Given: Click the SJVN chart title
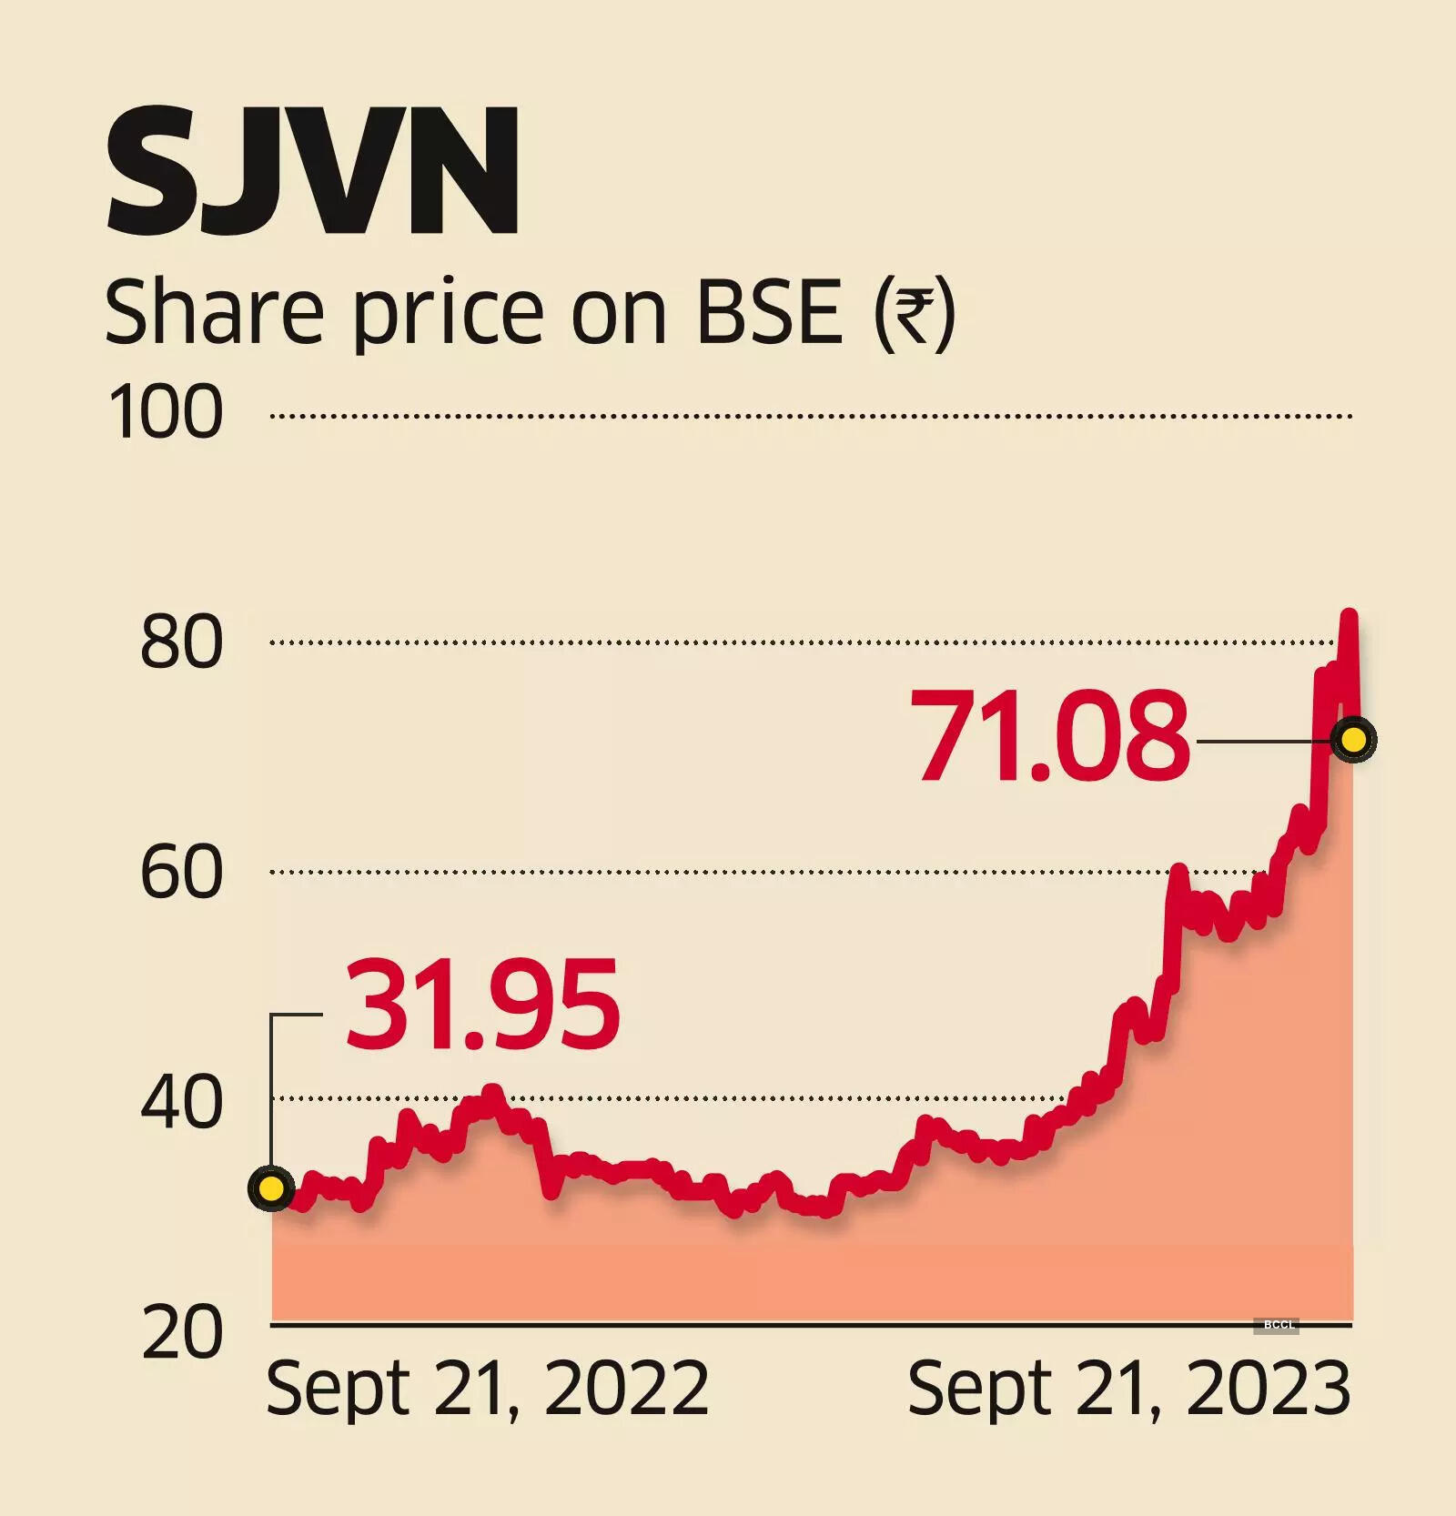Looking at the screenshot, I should pyautogui.click(x=312, y=171).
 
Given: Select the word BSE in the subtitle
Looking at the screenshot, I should pyautogui.click(x=770, y=312).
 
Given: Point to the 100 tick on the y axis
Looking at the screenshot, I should pyautogui.click(x=165, y=412).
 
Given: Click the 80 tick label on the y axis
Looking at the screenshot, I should pyautogui.click(x=181, y=642).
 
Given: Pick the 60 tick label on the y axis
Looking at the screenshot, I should pyautogui.click(x=181, y=872).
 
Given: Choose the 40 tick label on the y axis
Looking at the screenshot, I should pyautogui.click(x=181, y=1102).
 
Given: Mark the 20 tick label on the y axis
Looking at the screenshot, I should pyautogui.click(x=181, y=1333).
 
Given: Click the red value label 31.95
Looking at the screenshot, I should pyautogui.click(x=482, y=1005).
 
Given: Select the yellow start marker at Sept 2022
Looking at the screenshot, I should pyautogui.click(x=271, y=1188).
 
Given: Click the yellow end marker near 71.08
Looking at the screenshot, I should pyautogui.click(x=1353, y=739).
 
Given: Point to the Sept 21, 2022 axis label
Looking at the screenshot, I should pyautogui.click(x=487, y=1389).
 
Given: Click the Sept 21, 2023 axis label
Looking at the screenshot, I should pyautogui.click(x=1128, y=1389).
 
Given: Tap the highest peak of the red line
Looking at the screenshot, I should pyautogui.click(x=1350, y=616).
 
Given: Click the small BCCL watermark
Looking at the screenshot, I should pyautogui.click(x=1279, y=1325).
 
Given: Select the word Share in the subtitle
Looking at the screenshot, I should pyautogui.click(x=215, y=312).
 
